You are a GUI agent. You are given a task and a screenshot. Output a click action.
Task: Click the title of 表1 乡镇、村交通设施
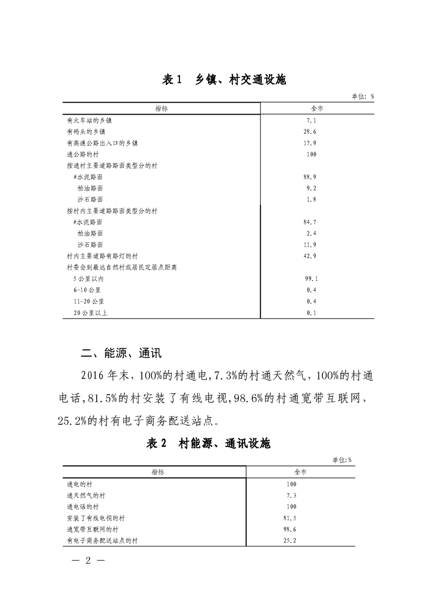point(224,80)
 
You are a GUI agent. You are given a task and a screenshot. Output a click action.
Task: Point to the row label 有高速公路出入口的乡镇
point(102,144)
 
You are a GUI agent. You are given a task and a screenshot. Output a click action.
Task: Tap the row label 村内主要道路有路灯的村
point(102,256)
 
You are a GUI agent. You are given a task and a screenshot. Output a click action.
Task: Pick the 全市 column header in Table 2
point(301,472)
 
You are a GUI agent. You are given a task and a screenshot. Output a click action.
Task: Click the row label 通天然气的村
point(86,495)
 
